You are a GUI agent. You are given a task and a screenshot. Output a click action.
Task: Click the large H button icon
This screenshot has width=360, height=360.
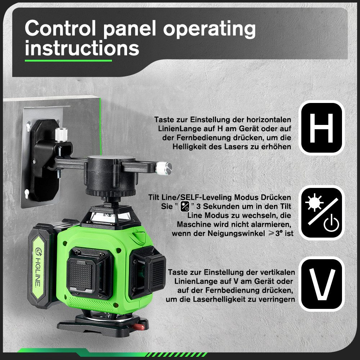point(321,128)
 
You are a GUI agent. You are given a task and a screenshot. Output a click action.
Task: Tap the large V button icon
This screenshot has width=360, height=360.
point(321,284)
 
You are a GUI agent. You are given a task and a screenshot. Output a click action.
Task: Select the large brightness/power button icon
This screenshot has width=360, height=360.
point(321,213)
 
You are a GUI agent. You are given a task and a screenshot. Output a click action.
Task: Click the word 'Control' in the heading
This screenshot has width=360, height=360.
point(60,28)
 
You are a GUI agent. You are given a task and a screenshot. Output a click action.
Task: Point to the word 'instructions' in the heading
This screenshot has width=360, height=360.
point(82,48)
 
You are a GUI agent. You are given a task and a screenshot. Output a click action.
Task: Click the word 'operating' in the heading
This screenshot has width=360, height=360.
point(210,29)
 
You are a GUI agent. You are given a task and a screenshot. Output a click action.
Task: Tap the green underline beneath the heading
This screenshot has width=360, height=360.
point(68,60)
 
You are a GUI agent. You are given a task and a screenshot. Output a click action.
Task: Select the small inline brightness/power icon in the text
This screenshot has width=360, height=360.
point(185,206)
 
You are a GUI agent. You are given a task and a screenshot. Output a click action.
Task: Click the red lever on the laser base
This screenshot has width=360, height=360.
point(138,327)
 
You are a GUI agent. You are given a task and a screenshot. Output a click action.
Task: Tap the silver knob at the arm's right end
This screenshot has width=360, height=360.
point(163,168)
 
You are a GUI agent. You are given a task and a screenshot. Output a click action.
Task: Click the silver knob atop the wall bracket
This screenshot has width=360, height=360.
point(61,134)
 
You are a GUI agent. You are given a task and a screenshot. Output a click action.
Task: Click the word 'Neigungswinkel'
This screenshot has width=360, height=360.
point(236,233)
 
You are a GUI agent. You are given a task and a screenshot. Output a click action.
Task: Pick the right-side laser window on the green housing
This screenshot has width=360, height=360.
point(147,272)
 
